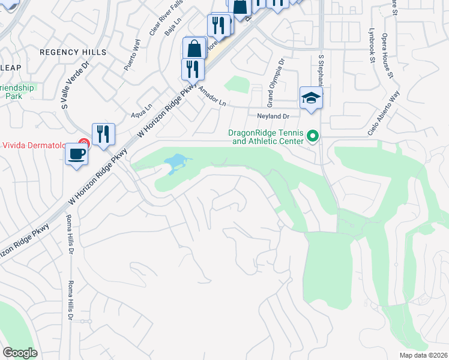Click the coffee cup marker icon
[x=76, y=154]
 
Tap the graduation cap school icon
[x=312, y=97]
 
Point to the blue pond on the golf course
[x=176, y=162]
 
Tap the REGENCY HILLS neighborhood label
[x=73, y=52]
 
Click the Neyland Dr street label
[x=273, y=116]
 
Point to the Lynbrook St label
[x=372, y=48]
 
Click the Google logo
[x=20, y=352]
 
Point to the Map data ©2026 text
[x=424, y=355]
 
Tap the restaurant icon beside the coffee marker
[x=103, y=134]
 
